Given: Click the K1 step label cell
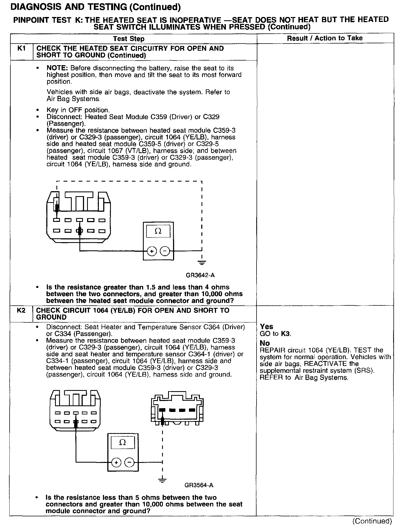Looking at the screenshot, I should coord(21,49).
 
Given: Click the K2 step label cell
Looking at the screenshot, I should coord(21,311).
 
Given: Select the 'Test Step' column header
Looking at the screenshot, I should coord(129,39).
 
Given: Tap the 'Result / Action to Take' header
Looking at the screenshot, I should coord(325,38).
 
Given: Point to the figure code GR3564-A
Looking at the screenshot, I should coord(199,485).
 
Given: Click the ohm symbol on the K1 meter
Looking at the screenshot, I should coord(158,231).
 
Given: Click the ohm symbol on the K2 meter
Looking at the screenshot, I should coord(123,443).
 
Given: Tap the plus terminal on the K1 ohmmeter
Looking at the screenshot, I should coord(152,251).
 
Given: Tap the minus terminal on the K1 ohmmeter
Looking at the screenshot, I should coord(165,251).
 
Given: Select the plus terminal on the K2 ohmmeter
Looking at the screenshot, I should coord(116,463).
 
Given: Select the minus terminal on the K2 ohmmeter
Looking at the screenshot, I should coord(129,463).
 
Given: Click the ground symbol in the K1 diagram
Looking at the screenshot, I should coord(202,263).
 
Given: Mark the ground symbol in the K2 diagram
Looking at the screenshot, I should coord(162,480).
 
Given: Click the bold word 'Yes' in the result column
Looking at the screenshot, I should coord(266,326).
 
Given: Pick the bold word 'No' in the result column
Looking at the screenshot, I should coord(264,343).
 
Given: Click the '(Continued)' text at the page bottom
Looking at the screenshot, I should coord(372,521).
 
